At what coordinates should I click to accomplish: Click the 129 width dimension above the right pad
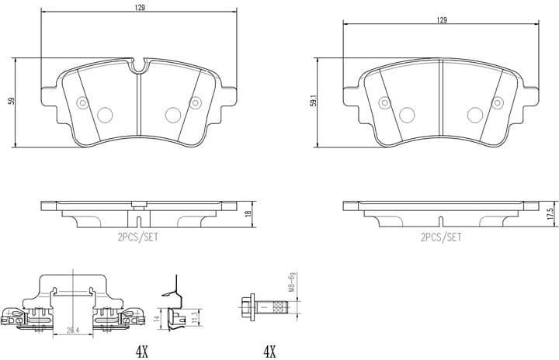click(442, 20)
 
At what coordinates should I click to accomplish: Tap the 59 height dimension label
click(11, 101)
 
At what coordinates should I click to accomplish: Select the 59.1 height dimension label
click(313, 101)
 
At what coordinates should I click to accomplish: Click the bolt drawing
click(263, 309)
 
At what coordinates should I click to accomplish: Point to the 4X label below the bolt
click(269, 351)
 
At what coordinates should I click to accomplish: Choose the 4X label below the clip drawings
click(141, 351)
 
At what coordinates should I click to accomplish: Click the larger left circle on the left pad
click(105, 115)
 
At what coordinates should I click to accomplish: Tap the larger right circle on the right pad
click(474, 115)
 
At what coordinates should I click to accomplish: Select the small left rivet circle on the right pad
click(383, 102)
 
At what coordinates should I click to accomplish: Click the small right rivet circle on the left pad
click(196, 102)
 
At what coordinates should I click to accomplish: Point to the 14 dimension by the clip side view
click(156, 318)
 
